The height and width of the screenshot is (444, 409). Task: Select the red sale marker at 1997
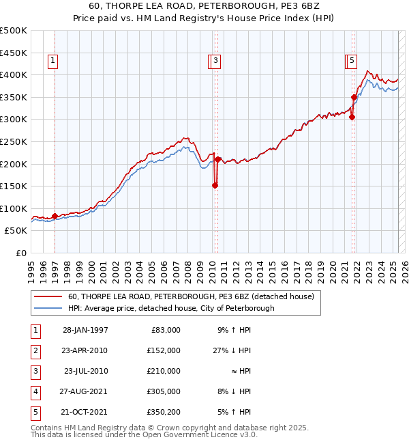[x=55, y=216]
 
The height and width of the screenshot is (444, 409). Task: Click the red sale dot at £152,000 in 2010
[x=215, y=184]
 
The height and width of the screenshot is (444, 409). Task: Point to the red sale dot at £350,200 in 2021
[x=354, y=97]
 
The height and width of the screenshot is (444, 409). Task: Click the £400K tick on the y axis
[x=14, y=74]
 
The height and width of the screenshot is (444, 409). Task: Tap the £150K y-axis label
[x=14, y=186]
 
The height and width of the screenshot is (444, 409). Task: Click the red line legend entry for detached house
[x=190, y=296]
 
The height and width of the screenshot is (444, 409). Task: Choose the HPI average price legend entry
[x=170, y=308]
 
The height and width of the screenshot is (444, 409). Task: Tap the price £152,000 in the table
[x=163, y=350]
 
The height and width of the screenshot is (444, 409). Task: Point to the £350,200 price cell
[x=163, y=412]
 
